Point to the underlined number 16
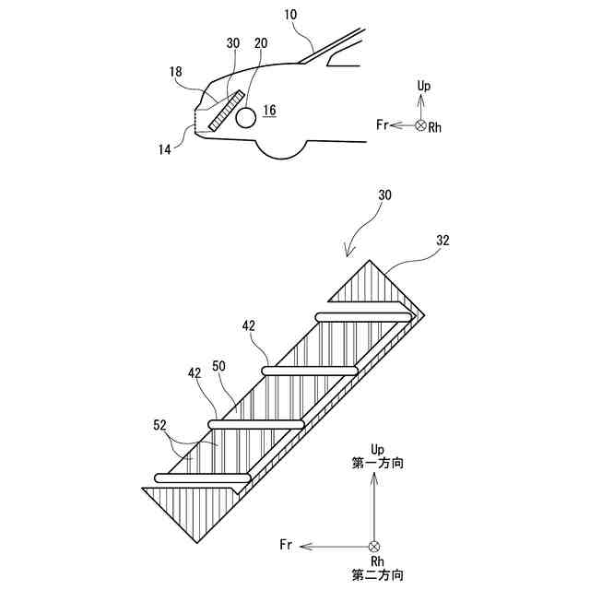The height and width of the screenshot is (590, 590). click(x=268, y=111)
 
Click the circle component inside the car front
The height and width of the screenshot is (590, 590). click(x=246, y=117)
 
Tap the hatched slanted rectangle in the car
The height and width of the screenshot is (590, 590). click(x=225, y=112)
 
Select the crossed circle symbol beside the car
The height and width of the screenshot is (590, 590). click(x=421, y=124)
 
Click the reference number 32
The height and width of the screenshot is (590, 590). click(x=444, y=242)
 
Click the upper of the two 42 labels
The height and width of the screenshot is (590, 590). click(x=249, y=325)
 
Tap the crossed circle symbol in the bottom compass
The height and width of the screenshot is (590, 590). click(x=374, y=546)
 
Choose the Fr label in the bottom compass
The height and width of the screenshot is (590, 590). click(x=287, y=546)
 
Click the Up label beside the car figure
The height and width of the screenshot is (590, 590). click(x=423, y=86)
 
